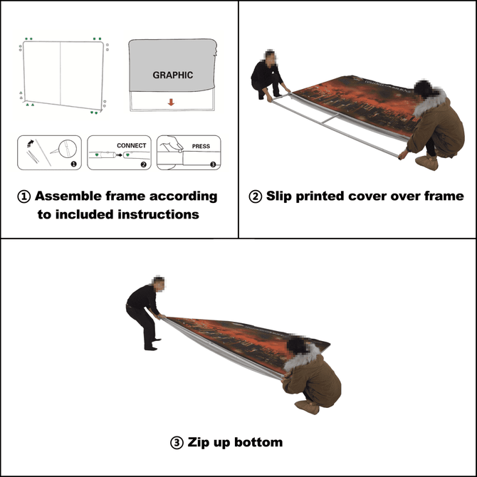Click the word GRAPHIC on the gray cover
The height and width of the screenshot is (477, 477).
tap(172, 75)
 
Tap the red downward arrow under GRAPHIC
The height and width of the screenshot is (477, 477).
tap(171, 102)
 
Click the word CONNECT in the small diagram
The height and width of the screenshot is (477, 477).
tap(131, 146)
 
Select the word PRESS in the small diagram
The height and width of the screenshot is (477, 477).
tap(201, 147)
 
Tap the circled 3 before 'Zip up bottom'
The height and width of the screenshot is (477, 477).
tap(177, 443)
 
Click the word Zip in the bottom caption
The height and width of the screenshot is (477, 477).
tap(201, 443)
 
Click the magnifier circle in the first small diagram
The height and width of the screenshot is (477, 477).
tap(65, 149)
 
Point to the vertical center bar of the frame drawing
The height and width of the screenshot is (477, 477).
tap(60, 71)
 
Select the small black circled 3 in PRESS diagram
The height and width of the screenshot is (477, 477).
tap(211, 164)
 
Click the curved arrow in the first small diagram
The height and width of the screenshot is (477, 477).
tap(29, 144)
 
